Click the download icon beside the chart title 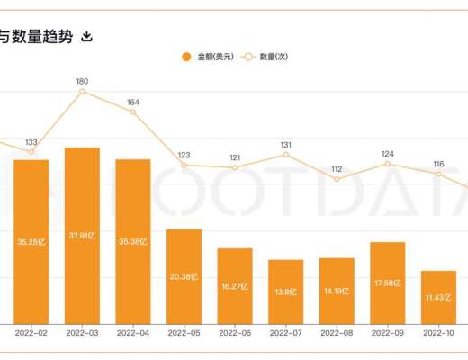[87, 37]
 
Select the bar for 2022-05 [184, 275]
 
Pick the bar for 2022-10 [438, 296]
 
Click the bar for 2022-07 [285, 291]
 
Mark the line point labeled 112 [337, 179]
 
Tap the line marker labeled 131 [285, 155]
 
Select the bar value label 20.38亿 [184, 278]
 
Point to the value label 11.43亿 [438, 298]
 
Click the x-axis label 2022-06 [235, 332]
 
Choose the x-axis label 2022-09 [388, 332]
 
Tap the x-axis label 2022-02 [31, 332]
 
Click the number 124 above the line [388, 154]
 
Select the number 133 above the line [31, 142]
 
